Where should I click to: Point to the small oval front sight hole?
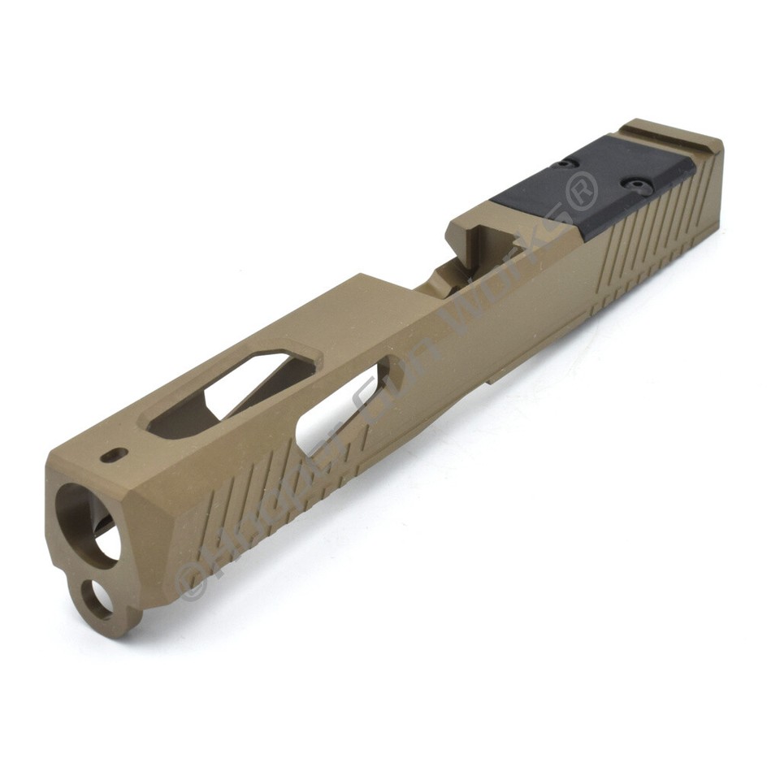(x=115, y=455)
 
